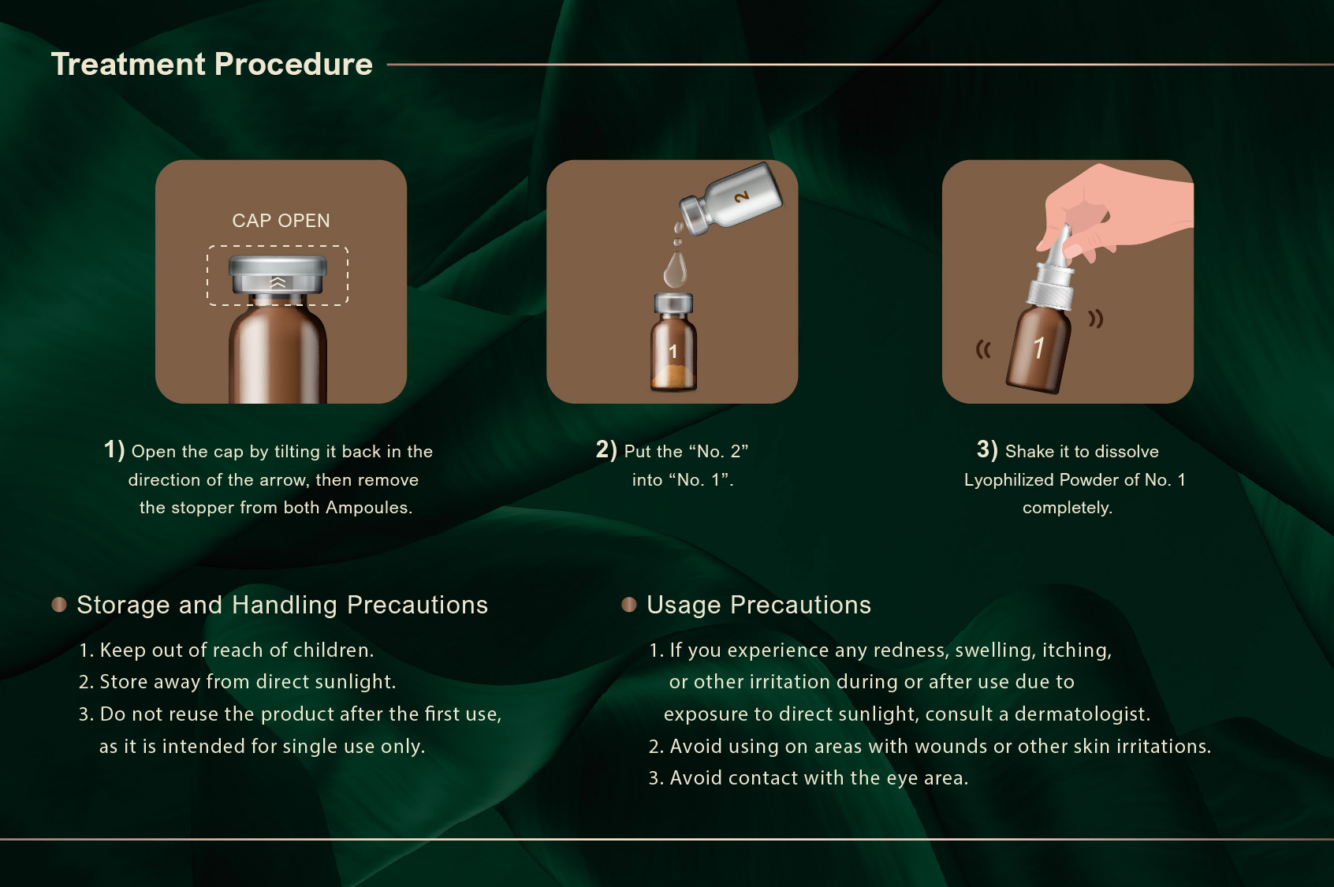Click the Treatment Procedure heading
point(212,65)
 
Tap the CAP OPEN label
point(281,221)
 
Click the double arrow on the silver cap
point(278,282)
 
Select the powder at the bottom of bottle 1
point(673,378)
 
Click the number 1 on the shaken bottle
point(1039,348)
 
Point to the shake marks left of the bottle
point(982,350)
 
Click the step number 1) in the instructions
point(114,449)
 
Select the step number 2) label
point(606,449)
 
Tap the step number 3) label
point(987,449)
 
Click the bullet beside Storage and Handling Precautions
point(59,605)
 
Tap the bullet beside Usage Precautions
point(629,605)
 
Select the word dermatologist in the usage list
point(1082,714)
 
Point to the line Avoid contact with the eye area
point(808,778)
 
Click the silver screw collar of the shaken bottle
point(1050,288)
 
